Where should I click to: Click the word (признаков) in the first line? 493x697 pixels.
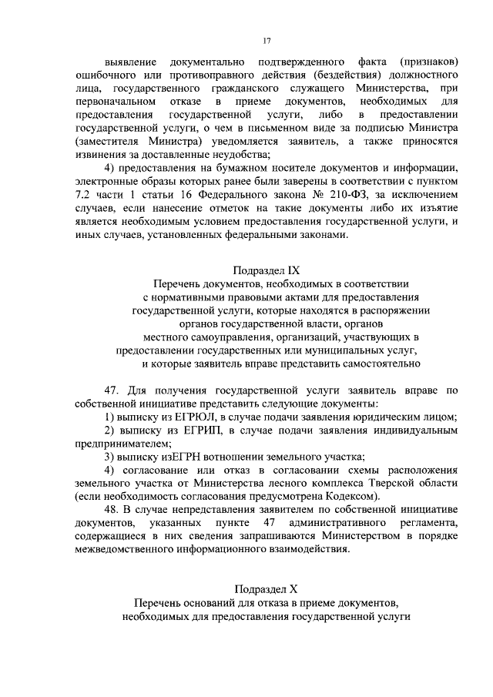tap(429, 61)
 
